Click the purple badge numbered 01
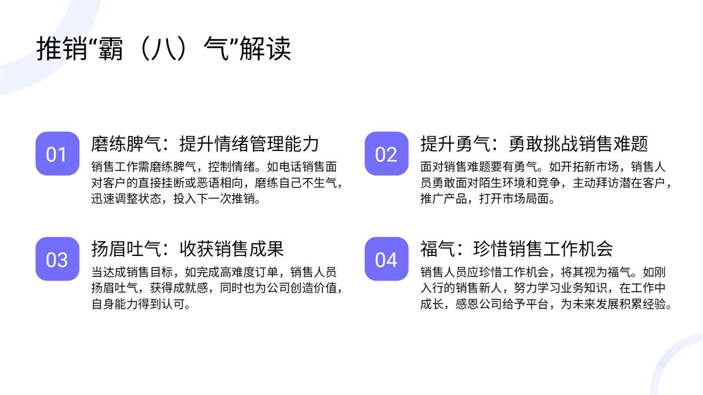coord(57,154)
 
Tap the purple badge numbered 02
coord(386,154)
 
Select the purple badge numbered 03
coord(57,259)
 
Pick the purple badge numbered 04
coord(386,259)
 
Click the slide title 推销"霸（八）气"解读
coord(164,48)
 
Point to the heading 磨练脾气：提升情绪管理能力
coord(205,143)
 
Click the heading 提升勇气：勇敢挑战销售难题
coord(534,143)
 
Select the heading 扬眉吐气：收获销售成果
coord(187,248)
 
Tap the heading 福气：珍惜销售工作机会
coord(516,248)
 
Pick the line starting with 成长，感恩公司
coord(546,304)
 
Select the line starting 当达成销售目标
coord(214,272)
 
